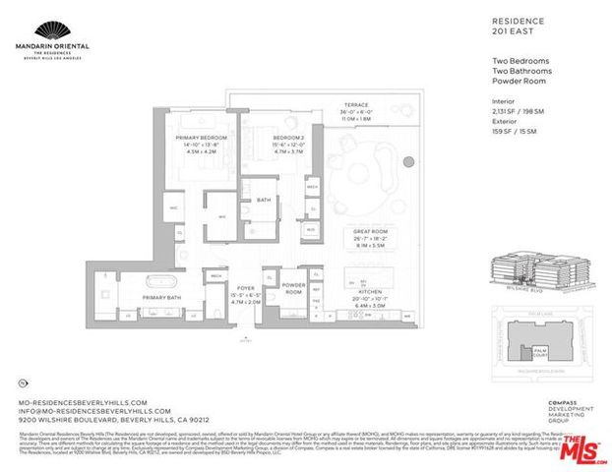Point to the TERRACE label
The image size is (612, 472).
(355, 103)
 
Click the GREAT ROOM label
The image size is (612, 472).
(371, 231)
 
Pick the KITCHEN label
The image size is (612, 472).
(371, 291)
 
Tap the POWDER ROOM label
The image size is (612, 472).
(292, 286)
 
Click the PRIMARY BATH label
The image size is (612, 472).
(161, 295)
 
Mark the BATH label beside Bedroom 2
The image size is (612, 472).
(263, 200)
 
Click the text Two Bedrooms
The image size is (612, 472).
(520, 62)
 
